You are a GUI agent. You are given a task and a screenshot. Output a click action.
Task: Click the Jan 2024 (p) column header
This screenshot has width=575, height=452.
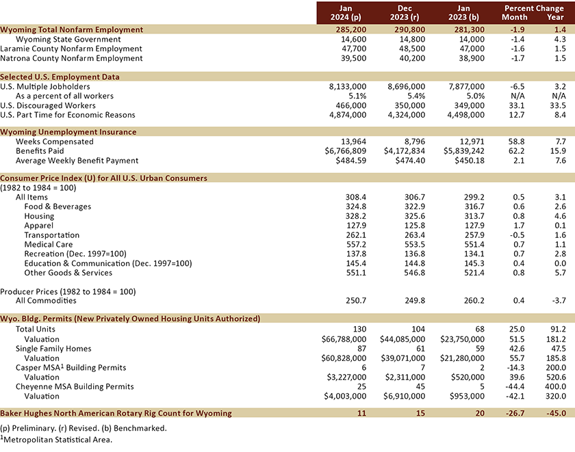pos(346,13)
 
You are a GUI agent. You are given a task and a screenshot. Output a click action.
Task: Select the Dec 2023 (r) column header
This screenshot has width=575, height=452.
pos(405,13)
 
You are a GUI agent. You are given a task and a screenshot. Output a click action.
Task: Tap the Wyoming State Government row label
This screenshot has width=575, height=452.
pos(68,39)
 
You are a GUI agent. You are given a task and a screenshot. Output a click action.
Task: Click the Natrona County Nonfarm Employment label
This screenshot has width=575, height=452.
pos(71,58)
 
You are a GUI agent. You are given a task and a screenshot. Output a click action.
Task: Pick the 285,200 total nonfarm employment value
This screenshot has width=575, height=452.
pos(351,29)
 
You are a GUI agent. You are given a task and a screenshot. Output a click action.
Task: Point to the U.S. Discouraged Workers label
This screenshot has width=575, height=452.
pos(48,105)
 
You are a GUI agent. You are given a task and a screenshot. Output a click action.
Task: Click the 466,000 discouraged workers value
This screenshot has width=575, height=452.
pos(351,105)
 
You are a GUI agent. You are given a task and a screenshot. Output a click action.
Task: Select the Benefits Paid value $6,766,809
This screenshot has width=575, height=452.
pos(346,151)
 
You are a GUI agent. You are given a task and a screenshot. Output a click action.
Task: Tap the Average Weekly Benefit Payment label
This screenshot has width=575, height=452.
pos(77,161)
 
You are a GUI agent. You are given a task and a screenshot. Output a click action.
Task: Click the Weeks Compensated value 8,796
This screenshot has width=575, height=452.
pos(413,142)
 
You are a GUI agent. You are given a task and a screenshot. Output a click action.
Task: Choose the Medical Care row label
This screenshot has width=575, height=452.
pos(49,244)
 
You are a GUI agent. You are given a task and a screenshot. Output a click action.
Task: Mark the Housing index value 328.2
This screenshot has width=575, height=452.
pos(356,216)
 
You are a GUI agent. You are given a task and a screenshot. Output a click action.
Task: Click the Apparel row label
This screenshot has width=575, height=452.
pos(39,226)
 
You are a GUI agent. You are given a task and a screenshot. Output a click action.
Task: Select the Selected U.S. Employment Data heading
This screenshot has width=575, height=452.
pos(60,77)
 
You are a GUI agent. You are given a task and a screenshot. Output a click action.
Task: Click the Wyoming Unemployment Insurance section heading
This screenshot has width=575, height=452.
pos(68,132)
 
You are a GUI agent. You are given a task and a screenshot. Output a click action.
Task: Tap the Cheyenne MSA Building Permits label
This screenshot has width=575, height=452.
pos(75,387)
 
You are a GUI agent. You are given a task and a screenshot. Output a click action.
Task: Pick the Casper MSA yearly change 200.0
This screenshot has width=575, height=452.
pos(556,368)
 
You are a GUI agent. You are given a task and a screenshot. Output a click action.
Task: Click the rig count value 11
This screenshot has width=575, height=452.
pos(361,413)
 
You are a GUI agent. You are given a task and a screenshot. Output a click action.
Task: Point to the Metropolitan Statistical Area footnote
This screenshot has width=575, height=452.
pos(56,440)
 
